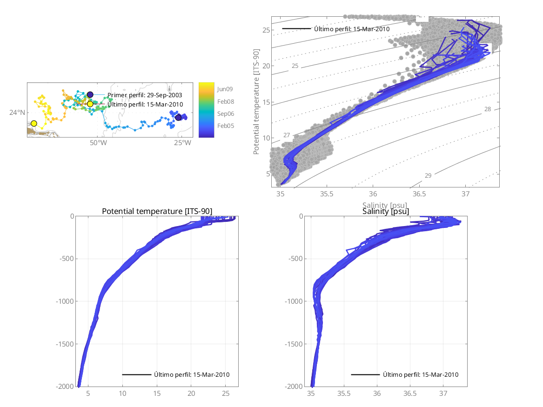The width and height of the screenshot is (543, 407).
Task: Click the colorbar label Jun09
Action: tap(225, 88)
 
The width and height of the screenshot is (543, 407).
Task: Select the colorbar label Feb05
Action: tap(225, 126)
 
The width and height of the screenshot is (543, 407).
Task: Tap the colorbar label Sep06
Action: tap(225, 113)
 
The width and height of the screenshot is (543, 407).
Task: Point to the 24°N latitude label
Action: tap(17, 112)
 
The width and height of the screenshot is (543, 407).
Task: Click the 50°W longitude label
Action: tap(98, 142)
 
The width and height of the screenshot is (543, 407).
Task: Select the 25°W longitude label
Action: tap(182, 142)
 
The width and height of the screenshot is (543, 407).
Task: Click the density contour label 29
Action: tap(428, 175)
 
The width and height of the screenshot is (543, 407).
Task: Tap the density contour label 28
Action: tap(488, 109)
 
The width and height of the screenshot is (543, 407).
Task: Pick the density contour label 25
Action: tap(295, 66)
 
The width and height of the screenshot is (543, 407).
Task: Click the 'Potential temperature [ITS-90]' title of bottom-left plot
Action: tap(157, 212)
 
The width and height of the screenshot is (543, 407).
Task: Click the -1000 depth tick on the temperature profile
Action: tap(64, 301)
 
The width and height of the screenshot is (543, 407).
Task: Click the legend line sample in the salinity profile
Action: tap(365, 374)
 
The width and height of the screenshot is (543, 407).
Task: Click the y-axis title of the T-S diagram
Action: tap(256, 103)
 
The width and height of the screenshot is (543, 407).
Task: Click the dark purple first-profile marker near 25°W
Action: tap(178, 118)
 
